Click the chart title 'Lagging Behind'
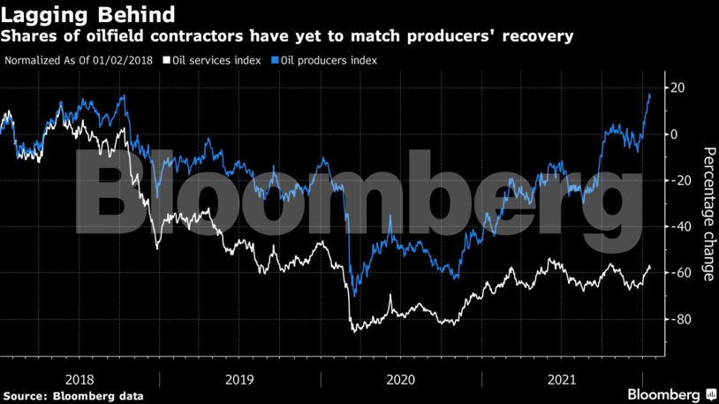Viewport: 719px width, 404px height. tap(87, 15)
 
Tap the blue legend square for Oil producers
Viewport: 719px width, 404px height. tap(276, 61)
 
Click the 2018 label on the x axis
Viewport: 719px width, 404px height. tap(80, 379)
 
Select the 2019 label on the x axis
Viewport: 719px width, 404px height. tap(240, 379)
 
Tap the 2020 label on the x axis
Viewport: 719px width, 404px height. tap(401, 379)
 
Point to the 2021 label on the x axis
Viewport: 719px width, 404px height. tap(562, 379)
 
